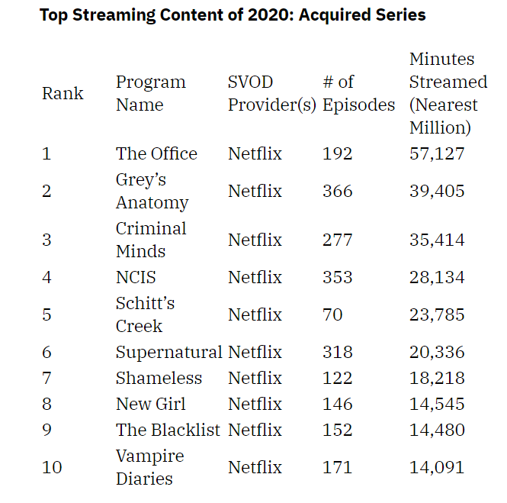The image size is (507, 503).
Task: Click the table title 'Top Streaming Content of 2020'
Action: tap(233, 15)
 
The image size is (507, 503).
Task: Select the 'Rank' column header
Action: tap(63, 93)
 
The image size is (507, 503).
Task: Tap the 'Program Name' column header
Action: tap(150, 93)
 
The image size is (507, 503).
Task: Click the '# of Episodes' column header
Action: tap(358, 93)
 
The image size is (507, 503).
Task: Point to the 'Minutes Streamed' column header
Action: tap(448, 93)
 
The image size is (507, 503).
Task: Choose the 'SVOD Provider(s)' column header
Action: tap(271, 93)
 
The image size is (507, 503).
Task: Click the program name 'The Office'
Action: tap(156, 153)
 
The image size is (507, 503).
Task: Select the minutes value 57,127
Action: tap(436, 153)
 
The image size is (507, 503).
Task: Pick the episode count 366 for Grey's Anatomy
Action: tap(337, 191)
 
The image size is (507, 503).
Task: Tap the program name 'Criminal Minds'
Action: tap(151, 240)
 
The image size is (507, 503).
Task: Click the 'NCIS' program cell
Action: tap(136, 277)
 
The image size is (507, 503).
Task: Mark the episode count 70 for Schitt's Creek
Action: tap(332, 314)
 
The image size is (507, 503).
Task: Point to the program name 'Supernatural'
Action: tap(168, 352)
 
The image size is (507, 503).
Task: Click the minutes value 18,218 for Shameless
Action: tap(436, 378)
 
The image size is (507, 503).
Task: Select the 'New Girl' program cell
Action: tap(150, 404)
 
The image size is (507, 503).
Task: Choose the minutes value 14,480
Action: tap(436, 430)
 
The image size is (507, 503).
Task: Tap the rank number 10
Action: tap(52, 467)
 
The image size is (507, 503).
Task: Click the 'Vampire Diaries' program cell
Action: tap(149, 467)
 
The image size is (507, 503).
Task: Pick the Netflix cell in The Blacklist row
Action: tap(255, 430)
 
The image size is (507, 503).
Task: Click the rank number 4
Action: tap(47, 277)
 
